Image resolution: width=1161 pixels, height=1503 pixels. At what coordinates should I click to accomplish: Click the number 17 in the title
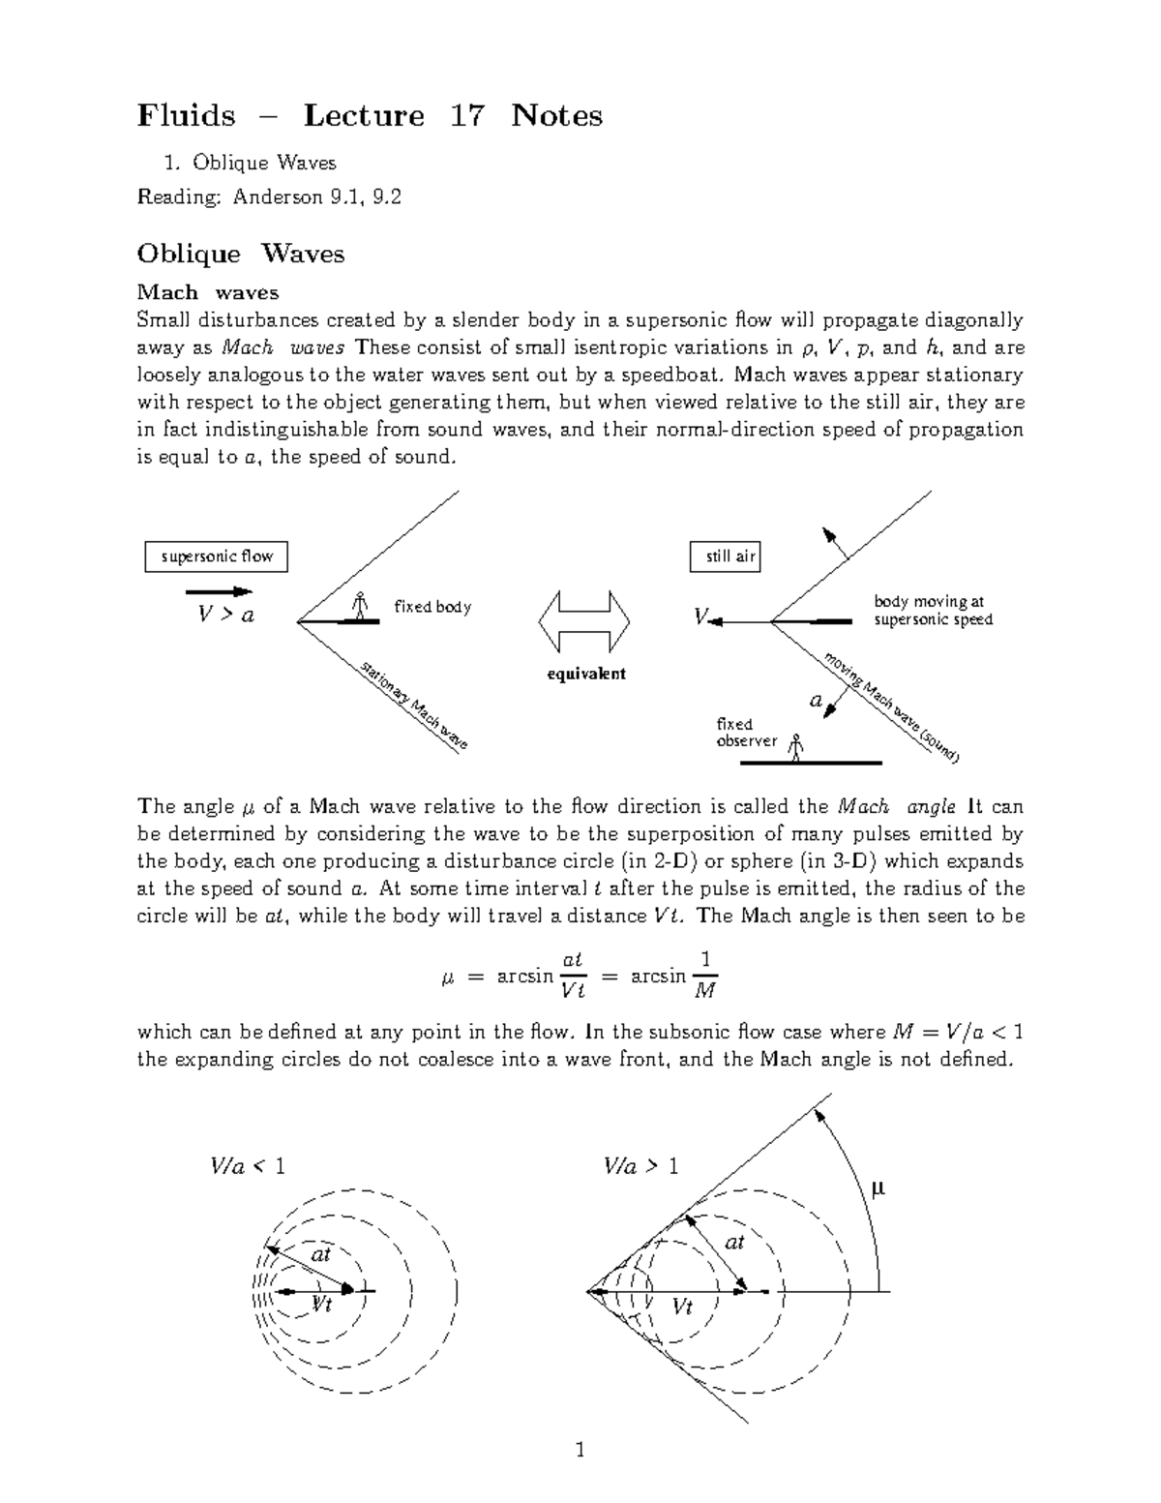[x=466, y=116]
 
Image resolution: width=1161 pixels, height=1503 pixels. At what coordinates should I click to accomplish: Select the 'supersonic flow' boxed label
[x=217, y=556]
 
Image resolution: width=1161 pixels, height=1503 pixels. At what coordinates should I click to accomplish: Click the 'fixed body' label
[x=432, y=607]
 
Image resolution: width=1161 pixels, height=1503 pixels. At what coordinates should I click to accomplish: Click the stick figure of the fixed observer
[x=796, y=748]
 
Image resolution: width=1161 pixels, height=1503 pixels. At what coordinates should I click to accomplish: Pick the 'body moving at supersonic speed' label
[x=932, y=611]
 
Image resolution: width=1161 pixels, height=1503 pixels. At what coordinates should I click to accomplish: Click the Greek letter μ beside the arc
[x=878, y=1188]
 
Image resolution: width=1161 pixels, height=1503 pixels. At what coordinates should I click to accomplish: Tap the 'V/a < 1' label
[x=248, y=1166]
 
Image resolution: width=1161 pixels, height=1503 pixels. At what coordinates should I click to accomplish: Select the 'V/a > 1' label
[x=640, y=1166]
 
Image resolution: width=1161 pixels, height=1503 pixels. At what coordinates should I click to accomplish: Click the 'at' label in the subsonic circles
[x=321, y=1254]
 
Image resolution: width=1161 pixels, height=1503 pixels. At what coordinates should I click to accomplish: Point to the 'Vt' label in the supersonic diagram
[x=682, y=1308]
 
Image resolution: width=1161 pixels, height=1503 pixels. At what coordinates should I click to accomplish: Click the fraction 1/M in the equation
[x=705, y=974]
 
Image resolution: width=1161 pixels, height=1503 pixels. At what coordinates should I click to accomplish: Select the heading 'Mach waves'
[x=208, y=292]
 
